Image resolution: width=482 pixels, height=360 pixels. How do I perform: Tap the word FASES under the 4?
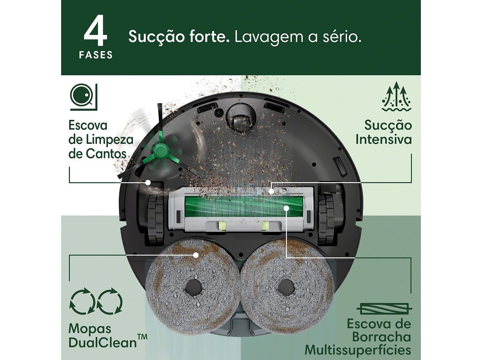tap(96, 55)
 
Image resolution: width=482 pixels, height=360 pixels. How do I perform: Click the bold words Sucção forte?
tap(179, 37)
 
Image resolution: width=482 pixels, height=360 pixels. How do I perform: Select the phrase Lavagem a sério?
tap(298, 37)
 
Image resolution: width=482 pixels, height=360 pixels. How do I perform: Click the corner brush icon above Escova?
tap(84, 97)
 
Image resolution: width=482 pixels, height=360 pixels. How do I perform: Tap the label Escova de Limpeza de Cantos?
tap(101, 140)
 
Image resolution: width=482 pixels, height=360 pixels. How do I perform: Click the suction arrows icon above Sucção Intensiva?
tap(396, 97)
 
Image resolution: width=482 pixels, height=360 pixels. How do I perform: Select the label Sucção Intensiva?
tap(383, 132)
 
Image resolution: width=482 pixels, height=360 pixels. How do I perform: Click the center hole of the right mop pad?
tap(287, 288)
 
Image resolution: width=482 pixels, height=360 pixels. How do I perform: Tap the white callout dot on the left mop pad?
tap(196, 255)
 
